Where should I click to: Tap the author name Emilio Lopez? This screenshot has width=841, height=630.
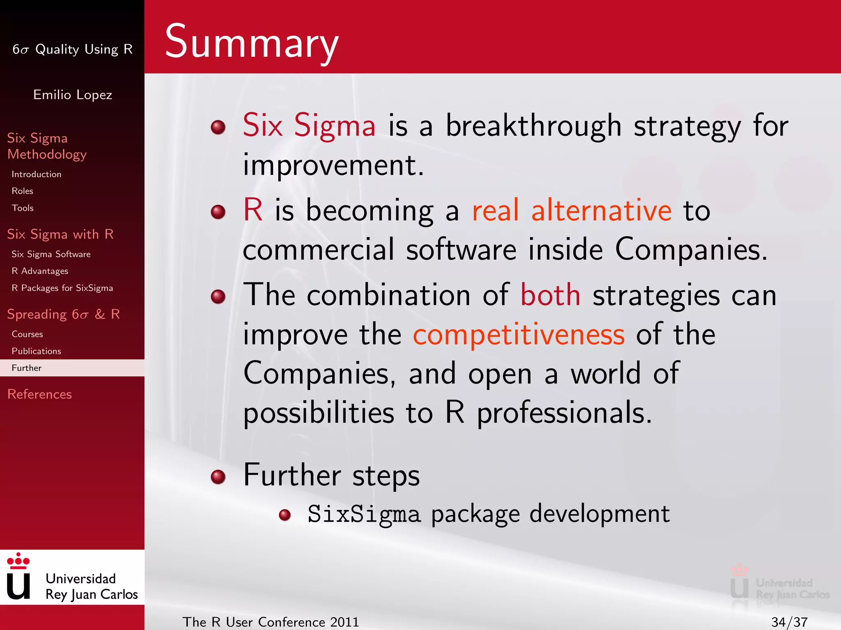72,95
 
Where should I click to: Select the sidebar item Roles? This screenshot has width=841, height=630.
22,191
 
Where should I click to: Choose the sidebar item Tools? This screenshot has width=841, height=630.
23,208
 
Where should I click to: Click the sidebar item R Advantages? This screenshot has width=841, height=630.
40,271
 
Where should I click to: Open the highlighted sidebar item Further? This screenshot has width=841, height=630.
27,368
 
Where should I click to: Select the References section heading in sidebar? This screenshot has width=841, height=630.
39,394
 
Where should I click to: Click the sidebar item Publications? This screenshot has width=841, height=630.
36,351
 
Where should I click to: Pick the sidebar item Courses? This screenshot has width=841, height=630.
27,334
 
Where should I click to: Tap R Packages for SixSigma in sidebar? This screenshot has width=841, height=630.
62,288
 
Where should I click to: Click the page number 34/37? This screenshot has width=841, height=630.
789,622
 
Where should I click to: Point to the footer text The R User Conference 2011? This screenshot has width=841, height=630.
271,622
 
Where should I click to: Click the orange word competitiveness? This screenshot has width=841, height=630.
518,335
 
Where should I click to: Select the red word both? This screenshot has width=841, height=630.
550,295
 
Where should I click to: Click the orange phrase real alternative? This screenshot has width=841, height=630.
571,210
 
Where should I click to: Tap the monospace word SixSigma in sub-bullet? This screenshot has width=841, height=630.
364,514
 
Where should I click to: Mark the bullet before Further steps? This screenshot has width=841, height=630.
218,477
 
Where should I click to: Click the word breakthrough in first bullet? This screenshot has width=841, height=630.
533,126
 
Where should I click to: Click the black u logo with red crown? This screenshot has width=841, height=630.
18,577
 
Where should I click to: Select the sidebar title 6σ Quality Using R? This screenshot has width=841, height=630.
72,49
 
